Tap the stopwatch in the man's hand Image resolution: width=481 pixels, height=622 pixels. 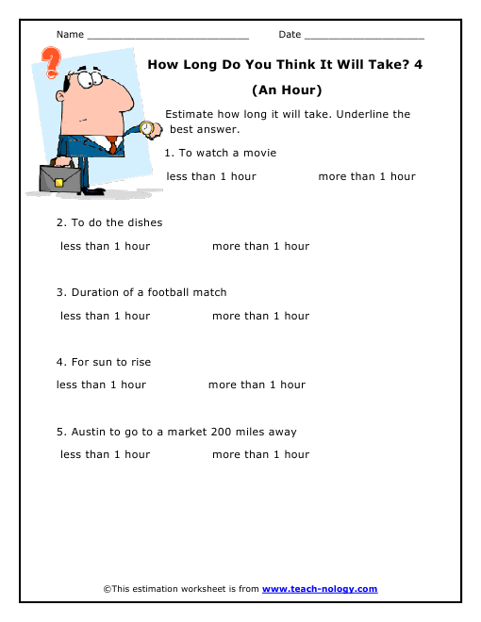point(146,128)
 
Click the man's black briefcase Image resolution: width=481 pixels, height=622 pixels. point(59,177)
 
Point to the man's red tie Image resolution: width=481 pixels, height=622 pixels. point(112,144)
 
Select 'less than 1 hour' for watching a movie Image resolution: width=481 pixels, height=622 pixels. point(211,176)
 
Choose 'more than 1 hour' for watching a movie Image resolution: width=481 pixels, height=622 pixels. point(367,176)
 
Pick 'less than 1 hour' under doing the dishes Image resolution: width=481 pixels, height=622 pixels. point(105,246)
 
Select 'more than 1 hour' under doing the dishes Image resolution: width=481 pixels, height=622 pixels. point(260,246)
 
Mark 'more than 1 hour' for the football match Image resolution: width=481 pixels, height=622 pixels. point(260,316)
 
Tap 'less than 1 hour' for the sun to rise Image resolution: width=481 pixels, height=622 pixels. point(101,385)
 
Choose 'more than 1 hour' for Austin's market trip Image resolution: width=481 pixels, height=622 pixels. point(260,454)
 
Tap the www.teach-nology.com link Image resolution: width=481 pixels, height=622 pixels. point(319,589)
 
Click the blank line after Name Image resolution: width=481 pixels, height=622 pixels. point(167,36)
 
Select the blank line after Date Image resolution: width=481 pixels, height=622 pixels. point(364,36)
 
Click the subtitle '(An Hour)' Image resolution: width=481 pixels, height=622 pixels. point(288,90)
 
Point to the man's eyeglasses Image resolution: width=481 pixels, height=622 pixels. point(91,82)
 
